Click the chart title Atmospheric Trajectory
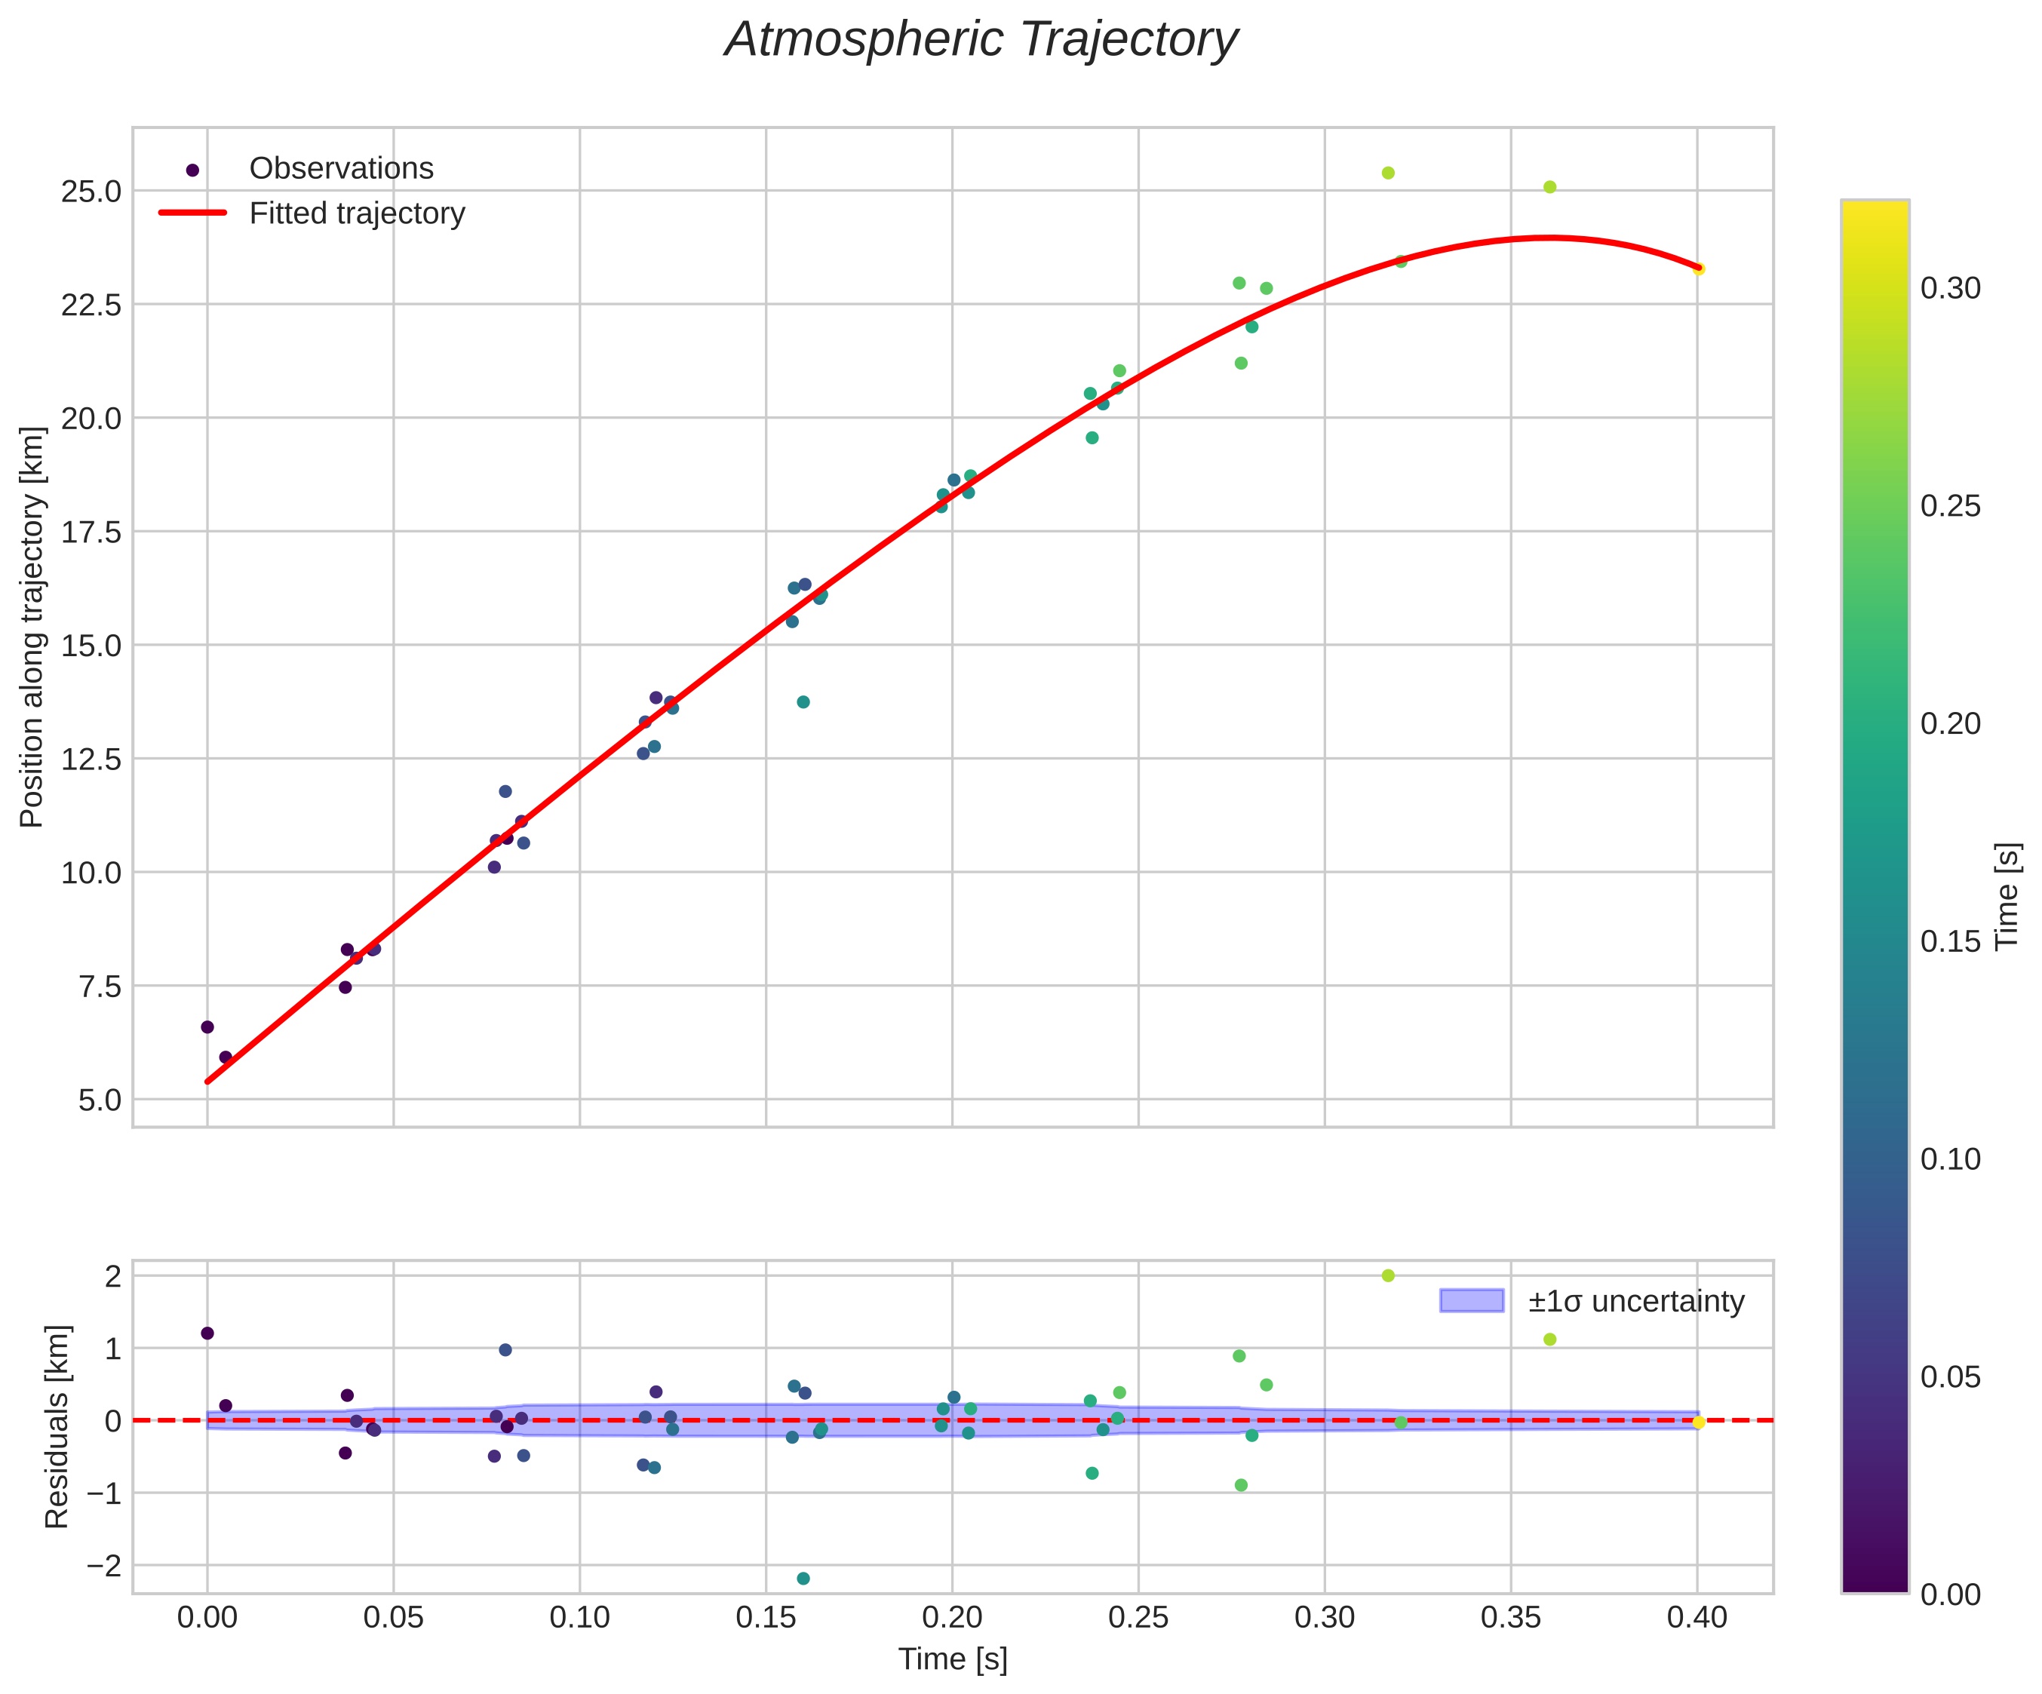(981, 41)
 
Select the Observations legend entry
(340, 168)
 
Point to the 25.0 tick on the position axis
(91, 192)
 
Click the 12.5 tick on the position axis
(91, 760)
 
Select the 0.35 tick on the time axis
(1511, 1617)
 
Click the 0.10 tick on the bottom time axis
(579, 1617)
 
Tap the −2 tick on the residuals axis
(101, 1566)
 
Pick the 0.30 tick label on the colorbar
(1951, 289)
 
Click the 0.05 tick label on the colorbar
(1951, 1377)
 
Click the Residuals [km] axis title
(57, 1426)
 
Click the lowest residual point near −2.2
(803, 1579)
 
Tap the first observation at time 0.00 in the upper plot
(207, 1027)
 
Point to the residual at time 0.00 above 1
(207, 1333)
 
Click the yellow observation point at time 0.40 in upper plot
(1699, 269)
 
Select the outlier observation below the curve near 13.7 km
(803, 702)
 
